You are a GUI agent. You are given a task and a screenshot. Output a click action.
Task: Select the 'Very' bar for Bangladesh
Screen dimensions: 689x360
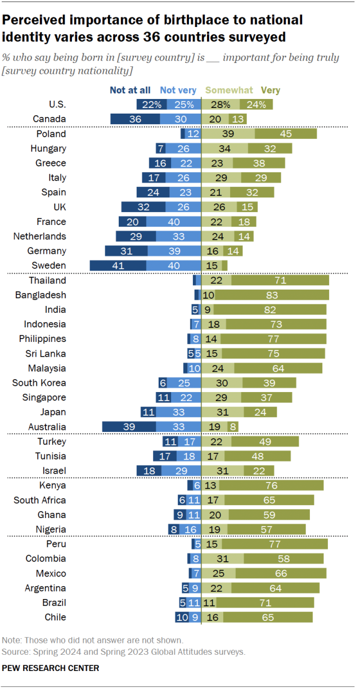pos(272,295)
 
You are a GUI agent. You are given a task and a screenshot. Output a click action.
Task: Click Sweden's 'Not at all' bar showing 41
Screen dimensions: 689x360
pos(118,265)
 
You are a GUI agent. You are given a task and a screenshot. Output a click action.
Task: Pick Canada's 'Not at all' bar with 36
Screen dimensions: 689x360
pos(135,119)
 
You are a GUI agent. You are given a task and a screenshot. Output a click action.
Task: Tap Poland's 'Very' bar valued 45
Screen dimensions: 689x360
pos(286,134)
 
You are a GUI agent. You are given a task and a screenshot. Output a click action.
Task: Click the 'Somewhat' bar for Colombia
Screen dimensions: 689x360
pos(223,559)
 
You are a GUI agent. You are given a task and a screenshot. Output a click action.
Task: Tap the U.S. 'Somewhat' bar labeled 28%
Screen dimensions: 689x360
pos(220,105)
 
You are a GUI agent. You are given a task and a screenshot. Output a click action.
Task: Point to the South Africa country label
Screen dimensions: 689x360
pos(40,500)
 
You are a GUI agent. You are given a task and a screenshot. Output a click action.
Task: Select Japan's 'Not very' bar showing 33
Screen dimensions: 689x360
pos(178,412)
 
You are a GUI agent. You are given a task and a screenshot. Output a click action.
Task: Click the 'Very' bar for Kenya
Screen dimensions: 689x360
pos(271,485)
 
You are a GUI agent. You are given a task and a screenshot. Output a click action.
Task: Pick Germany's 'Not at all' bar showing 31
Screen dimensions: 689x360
pos(126,251)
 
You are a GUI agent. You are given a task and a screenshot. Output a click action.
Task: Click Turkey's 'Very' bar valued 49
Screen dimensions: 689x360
pos(268,442)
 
